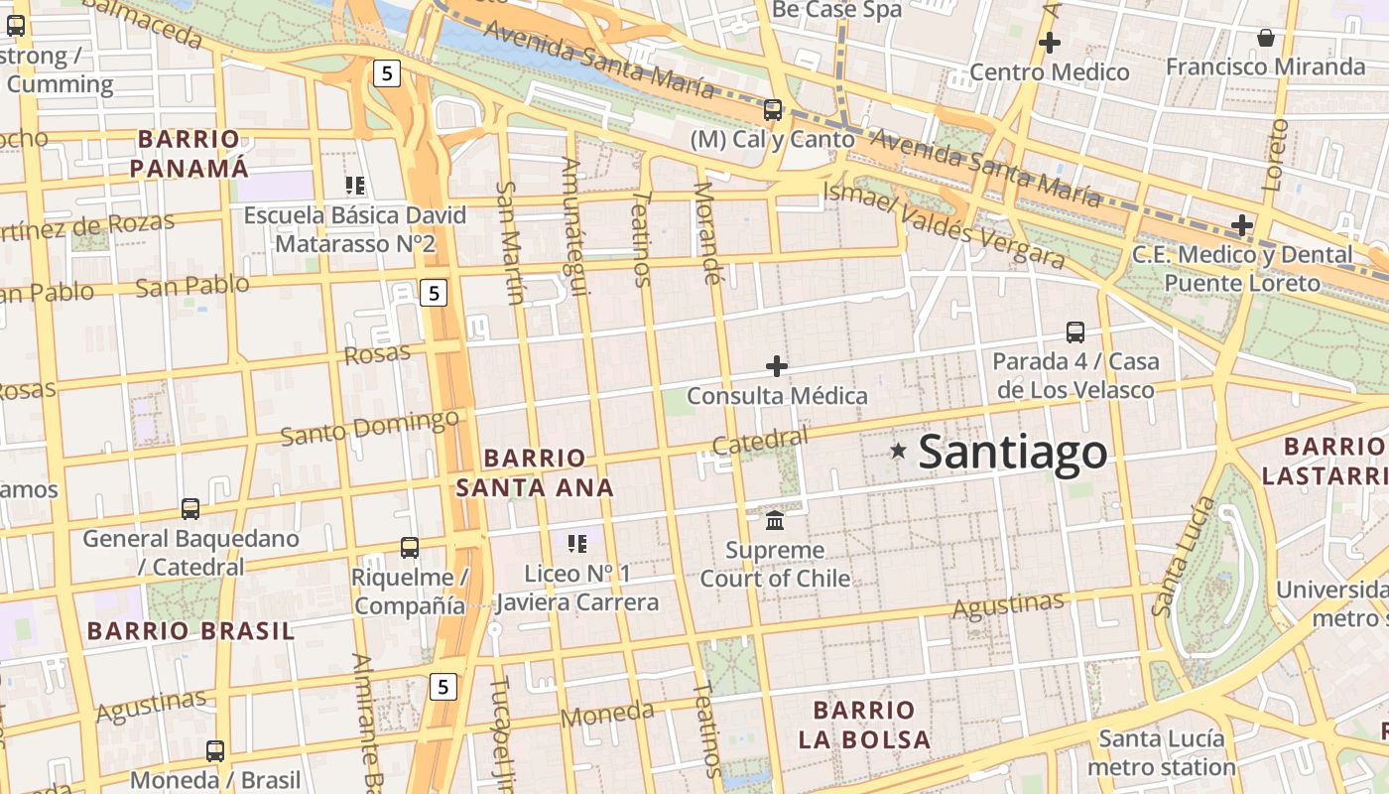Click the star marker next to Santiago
tap(899, 451)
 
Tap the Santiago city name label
tap(1012, 453)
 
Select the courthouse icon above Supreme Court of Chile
tap(775, 519)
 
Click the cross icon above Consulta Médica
tap(777, 366)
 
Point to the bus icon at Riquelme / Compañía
tap(409, 547)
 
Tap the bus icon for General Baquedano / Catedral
tap(190, 509)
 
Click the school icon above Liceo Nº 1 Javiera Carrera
tap(577, 543)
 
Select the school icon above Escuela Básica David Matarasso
tap(355, 185)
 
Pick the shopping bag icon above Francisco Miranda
tap(1266, 38)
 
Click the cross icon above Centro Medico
tap(1049, 43)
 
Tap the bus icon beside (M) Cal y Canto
tap(773, 109)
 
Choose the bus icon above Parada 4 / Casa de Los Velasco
tap(1075, 331)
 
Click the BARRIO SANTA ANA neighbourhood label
tap(535, 472)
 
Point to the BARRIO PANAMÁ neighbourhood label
tap(189, 153)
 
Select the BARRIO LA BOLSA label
tap(865, 725)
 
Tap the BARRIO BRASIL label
tap(190, 630)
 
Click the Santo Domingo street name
tap(369, 428)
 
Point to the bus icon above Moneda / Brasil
tap(215, 750)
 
